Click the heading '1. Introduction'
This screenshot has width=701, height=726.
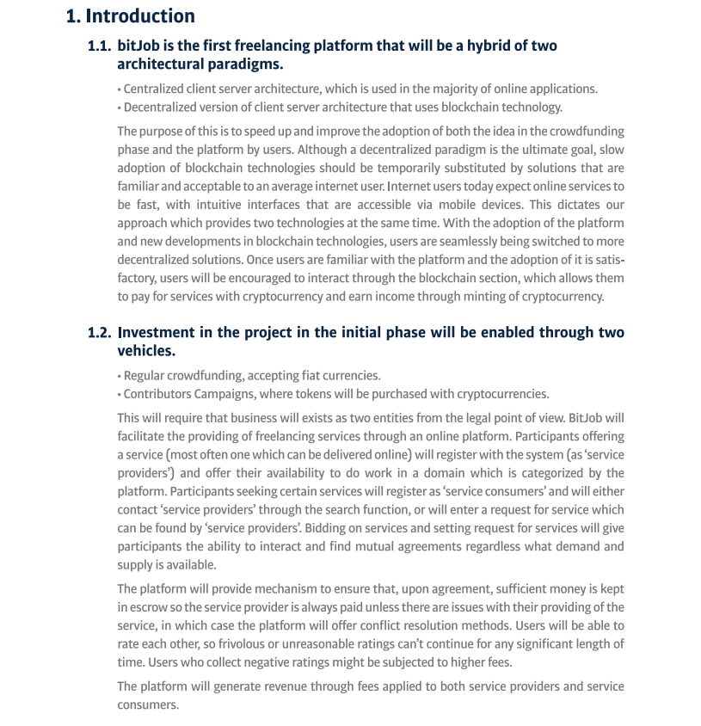click(131, 15)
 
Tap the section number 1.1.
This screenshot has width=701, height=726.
click(100, 46)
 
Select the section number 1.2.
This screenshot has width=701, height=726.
click(100, 332)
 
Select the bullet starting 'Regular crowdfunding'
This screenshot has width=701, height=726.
click(251, 375)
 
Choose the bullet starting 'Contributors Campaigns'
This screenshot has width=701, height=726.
click(335, 394)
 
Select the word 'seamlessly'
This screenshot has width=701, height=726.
click(411, 242)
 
